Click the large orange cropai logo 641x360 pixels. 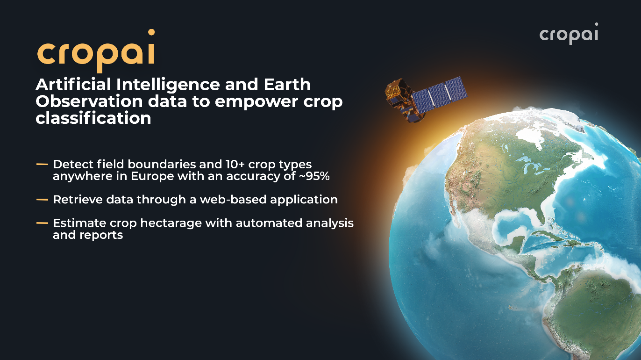[96, 51]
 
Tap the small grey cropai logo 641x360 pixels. [569, 34]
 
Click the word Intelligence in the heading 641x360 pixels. [168, 85]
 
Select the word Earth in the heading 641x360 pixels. [287, 85]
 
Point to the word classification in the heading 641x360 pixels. [93, 118]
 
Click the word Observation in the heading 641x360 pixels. [89, 101]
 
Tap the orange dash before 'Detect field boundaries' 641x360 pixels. [42, 165]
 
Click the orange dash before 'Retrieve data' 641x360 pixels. [42, 200]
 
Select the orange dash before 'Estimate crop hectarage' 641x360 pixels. [42, 223]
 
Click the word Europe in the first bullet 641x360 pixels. [152, 176]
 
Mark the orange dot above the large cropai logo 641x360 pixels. [151, 32]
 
